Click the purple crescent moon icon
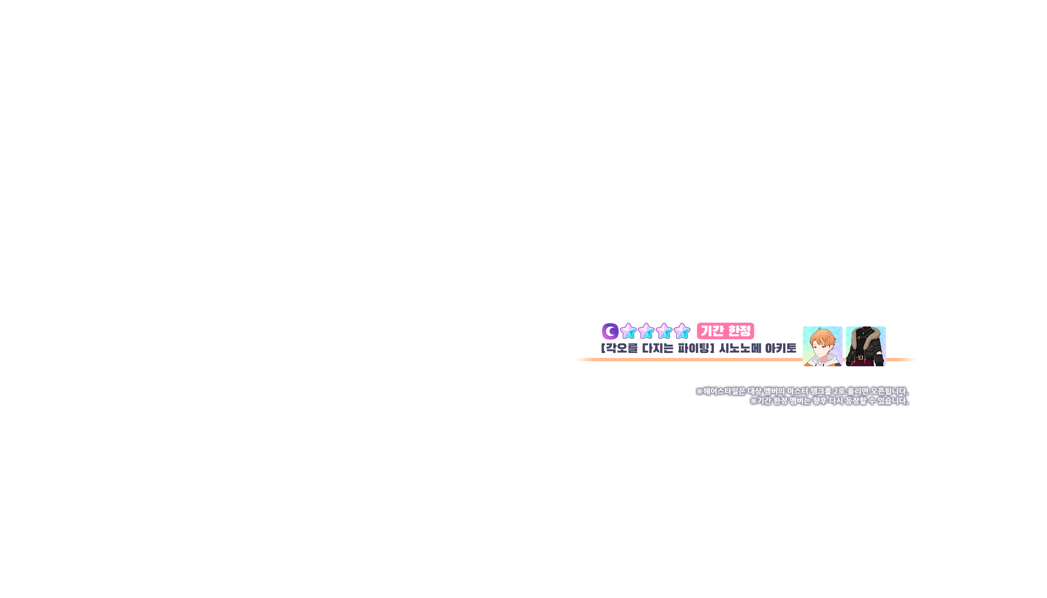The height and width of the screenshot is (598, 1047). pyautogui.click(x=610, y=331)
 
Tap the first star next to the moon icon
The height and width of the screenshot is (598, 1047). pyautogui.click(x=628, y=331)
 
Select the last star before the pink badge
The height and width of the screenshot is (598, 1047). pyautogui.click(x=682, y=331)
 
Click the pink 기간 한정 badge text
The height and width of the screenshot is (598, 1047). pyautogui.click(x=725, y=331)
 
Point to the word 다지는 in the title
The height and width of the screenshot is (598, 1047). pyautogui.click(x=658, y=348)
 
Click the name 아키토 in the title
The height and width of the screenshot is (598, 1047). pyautogui.click(x=780, y=348)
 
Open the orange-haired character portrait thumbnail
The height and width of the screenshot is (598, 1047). pyautogui.click(x=822, y=346)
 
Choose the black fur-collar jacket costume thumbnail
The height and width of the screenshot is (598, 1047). pyautogui.click(x=865, y=346)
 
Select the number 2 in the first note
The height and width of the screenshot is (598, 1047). pyautogui.click(x=836, y=391)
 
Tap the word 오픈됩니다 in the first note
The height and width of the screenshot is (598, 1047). pyautogui.click(x=889, y=391)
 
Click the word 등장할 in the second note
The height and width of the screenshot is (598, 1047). pyautogui.click(x=856, y=401)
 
